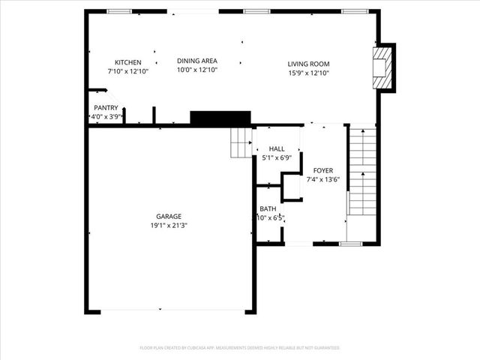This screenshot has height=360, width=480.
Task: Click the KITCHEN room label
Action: pyautogui.click(x=127, y=62)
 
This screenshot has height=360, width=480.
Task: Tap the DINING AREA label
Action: pyautogui.click(x=196, y=61)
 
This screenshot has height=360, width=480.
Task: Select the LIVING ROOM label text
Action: pyautogui.click(x=308, y=64)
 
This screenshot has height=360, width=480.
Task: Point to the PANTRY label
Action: pyautogui.click(x=106, y=107)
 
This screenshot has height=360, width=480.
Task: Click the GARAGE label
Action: pyautogui.click(x=169, y=216)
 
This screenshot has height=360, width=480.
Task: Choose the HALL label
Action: pyautogui.click(x=277, y=149)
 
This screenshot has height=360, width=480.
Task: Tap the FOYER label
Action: pyautogui.click(x=323, y=171)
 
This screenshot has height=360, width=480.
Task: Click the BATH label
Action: pyautogui.click(x=268, y=209)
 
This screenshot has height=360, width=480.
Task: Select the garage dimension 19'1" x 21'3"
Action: pyautogui.click(x=169, y=225)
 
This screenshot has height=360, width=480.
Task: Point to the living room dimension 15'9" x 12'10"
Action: pyautogui.click(x=308, y=73)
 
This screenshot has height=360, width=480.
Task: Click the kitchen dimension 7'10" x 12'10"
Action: pyautogui.click(x=127, y=71)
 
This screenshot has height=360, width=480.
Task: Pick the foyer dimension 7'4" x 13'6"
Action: pyautogui.click(x=323, y=180)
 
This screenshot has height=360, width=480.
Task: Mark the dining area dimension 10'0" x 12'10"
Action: pyautogui.click(x=196, y=70)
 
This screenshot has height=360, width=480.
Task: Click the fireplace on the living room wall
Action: pyautogui.click(x=383, y=67)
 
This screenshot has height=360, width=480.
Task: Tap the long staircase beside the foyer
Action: pyautogui.click(x=362, y=172)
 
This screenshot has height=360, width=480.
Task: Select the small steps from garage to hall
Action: pyautogui.click(x=241, y=142)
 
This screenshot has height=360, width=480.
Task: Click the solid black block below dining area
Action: pyautogui.click(x=220, y=118)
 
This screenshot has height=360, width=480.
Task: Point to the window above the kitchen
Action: pyautogui.click(x=118, y=11)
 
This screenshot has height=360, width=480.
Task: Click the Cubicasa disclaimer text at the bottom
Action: pyautogui.click(x=240, y=348)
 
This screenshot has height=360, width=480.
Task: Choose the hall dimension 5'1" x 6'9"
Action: pyautogui.click(x=277, y=158)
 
